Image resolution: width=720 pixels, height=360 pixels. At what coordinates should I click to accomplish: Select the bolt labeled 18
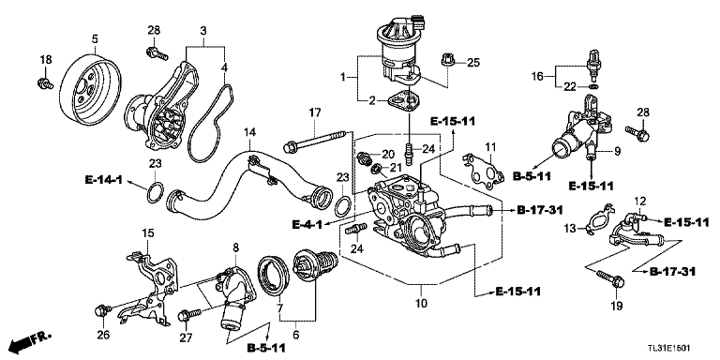click(45, 83)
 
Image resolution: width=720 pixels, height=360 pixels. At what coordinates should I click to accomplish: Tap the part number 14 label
click(249, 133)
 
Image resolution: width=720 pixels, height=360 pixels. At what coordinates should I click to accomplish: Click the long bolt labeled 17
click(316, 141)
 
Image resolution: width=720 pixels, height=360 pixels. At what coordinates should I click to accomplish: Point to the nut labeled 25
click(448, 61)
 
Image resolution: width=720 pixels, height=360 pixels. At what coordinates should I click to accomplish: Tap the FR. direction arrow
click(31, 340)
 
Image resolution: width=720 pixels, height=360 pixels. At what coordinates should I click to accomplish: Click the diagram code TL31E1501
click(667, 348)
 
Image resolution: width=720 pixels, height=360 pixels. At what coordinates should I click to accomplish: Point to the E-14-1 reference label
click(103, 180)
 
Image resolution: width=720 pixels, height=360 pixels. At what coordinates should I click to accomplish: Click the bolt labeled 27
click(189, 315)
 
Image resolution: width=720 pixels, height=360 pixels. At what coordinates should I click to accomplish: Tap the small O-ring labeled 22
click(594, 86)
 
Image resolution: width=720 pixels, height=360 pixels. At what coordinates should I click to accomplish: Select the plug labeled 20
click(364, 157)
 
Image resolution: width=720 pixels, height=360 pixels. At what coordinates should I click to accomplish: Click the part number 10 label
click(422, 303)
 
